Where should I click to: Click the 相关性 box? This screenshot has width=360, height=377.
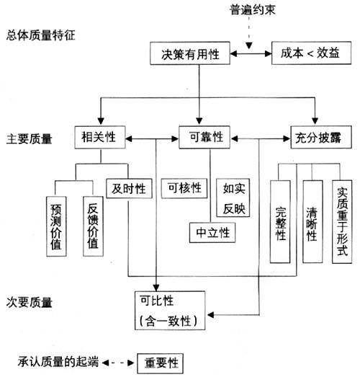[x=100, y=136]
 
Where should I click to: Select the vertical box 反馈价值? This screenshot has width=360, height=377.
[x=90, y=224]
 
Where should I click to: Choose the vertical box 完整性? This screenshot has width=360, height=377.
[x=282, y=221]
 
